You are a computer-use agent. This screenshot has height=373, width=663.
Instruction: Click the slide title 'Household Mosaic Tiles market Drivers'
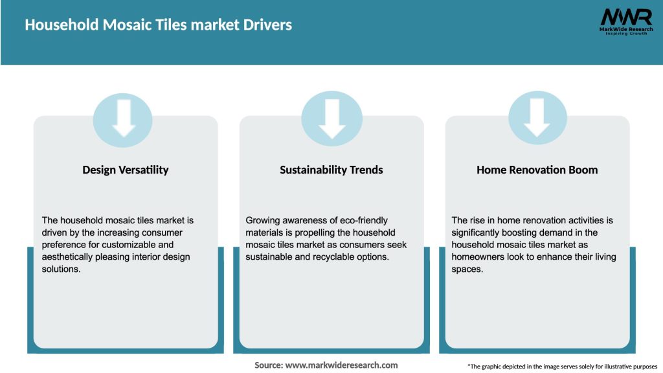[x=159, y=25]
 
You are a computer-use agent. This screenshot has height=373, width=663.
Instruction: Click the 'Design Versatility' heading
[x=125, y=170]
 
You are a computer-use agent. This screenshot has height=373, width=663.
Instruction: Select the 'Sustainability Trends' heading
[x=331, y=170]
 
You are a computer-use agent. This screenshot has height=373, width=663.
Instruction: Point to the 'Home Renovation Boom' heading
[x=537, y=170]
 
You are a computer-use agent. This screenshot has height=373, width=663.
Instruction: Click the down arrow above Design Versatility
[x=124, y=119]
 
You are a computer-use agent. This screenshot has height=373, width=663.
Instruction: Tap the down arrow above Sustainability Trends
[x=331, y=119]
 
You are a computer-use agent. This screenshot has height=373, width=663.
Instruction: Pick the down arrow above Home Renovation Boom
[x=537, y=119]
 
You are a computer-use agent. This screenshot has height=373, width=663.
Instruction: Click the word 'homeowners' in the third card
[x=480, y=257]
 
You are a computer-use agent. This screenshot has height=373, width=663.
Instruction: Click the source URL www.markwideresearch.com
[x=341, y=365]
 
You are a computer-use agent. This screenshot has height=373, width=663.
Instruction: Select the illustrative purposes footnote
[x=562, y=367]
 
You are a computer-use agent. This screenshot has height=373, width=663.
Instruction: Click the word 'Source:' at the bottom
[x=269, y=365]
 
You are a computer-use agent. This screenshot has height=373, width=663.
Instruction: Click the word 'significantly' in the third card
[x=478, y=232]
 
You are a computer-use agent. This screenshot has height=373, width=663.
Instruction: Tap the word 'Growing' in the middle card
[x=263, y=220]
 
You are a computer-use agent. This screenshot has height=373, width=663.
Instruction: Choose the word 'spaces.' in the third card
[x=467, y=269]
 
